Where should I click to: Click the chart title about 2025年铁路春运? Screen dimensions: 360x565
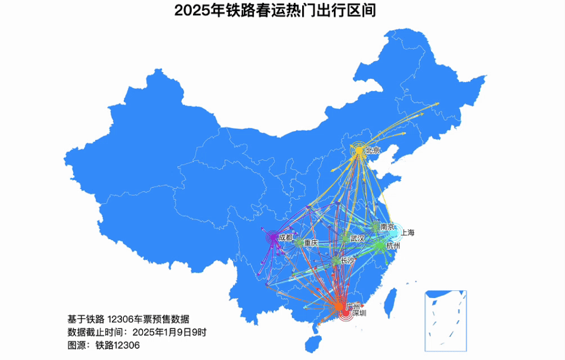[275, 10]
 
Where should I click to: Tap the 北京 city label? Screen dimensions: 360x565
[373, 150]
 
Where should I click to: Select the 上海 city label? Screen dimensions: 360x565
[407, 232]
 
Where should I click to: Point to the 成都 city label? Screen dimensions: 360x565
[285, 237]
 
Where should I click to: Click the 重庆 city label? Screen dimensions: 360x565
[311, 243]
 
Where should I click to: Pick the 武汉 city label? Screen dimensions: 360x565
[357, 238]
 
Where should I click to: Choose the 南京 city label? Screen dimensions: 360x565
[387, 226]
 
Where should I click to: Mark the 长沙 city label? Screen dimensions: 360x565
[348, 260]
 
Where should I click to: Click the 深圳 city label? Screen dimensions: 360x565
[359, 313]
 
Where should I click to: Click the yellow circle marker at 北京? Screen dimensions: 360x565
[359, 151]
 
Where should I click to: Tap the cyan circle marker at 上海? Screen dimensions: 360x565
[396, 232]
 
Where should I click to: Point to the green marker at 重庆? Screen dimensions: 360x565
[299, 243]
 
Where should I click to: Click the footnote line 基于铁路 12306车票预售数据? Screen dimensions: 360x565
[128, 319]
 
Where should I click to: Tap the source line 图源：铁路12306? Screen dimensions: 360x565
[104, 345]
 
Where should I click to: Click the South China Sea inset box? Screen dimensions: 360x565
[446, 320]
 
